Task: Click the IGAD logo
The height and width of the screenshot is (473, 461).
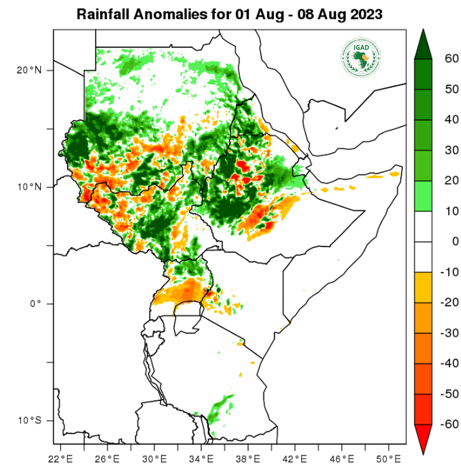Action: tap(361, 56)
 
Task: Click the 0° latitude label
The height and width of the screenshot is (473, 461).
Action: tap(35, 303)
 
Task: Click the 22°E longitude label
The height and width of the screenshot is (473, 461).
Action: tap(61, 458)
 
